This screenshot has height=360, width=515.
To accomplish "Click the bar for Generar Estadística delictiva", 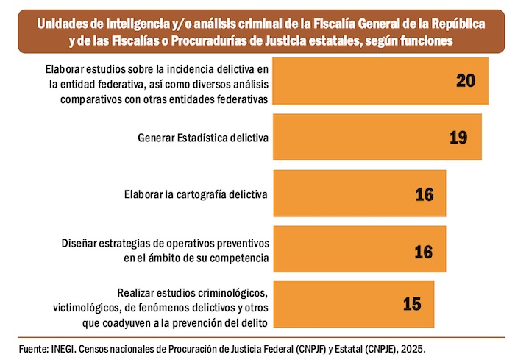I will [377, 137].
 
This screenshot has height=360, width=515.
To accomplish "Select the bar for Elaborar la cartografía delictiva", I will [359, 194].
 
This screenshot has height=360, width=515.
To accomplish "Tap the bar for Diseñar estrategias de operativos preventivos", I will [359, 251].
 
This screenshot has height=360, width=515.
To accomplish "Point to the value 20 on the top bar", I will [466, 80].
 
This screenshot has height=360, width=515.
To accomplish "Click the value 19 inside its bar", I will [458, 137].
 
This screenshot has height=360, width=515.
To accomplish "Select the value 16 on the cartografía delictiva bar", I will [425, 194].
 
